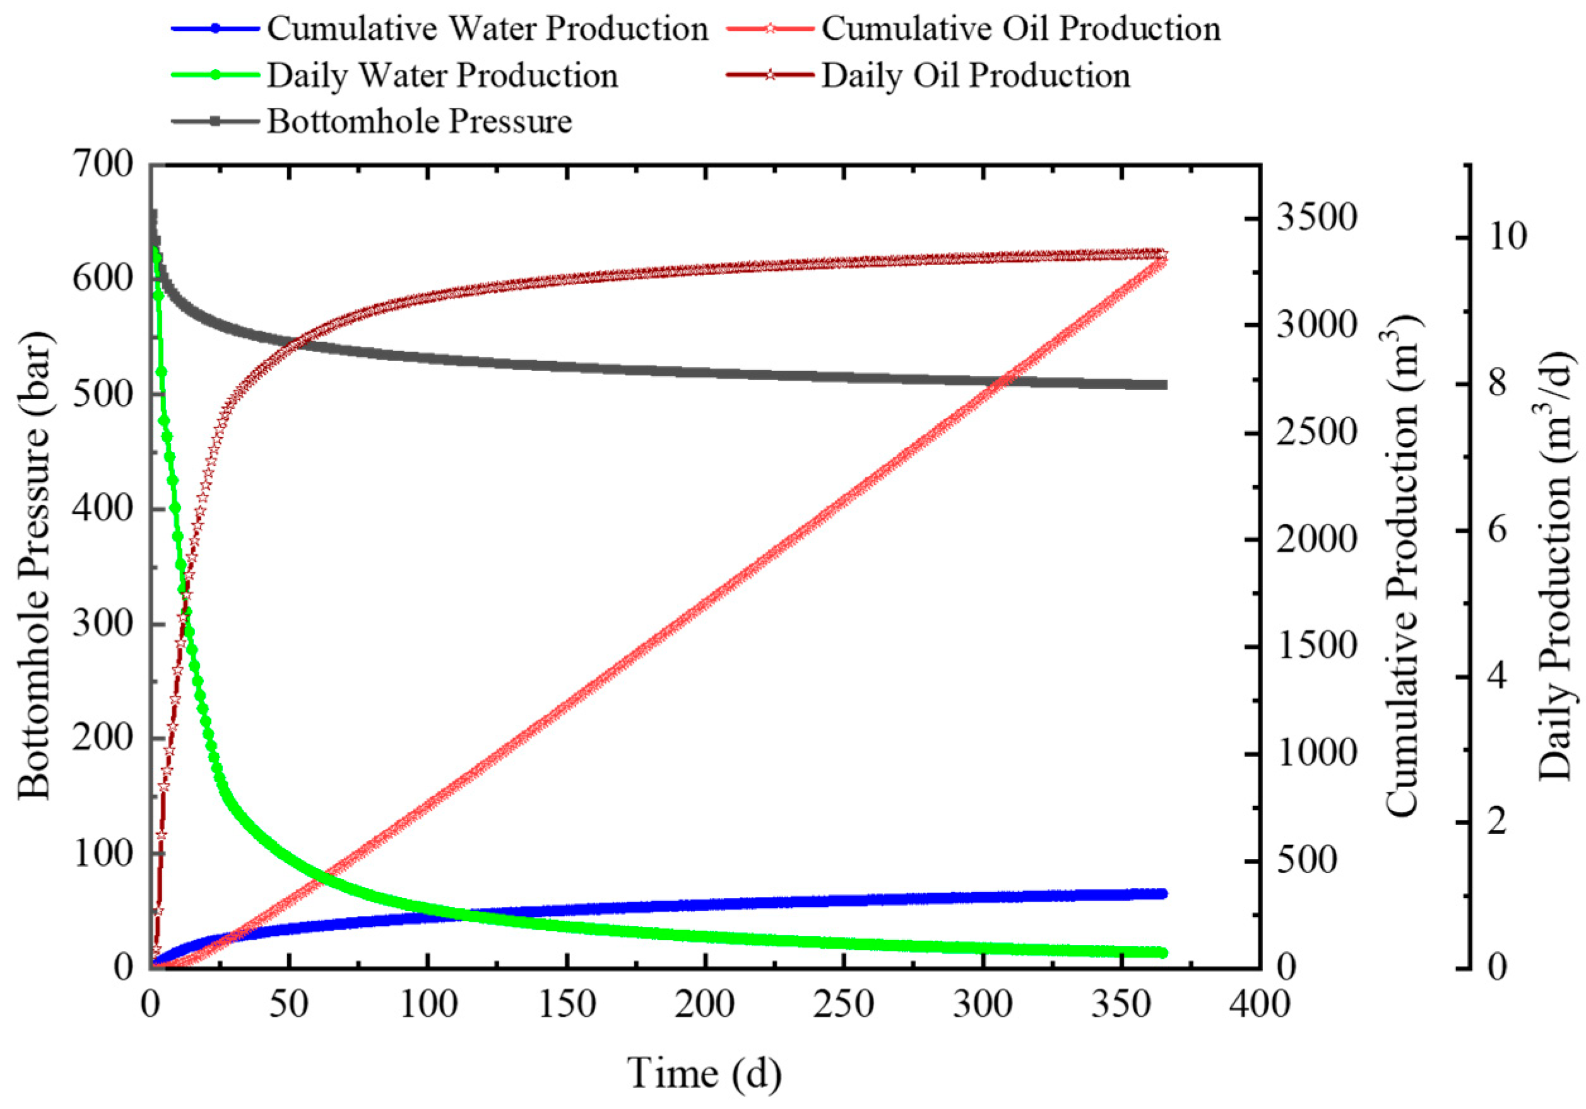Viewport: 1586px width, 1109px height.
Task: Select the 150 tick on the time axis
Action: pos(567,1005)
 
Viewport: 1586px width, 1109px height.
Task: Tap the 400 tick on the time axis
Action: pos(1259,1005)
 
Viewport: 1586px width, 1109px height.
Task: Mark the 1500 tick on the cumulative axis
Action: pos(1316,646)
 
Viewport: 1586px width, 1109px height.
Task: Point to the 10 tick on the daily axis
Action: pos(1507,237)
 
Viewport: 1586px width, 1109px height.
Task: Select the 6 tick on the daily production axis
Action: pos(1497,531)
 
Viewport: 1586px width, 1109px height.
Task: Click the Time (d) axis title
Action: pos(704,1073)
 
